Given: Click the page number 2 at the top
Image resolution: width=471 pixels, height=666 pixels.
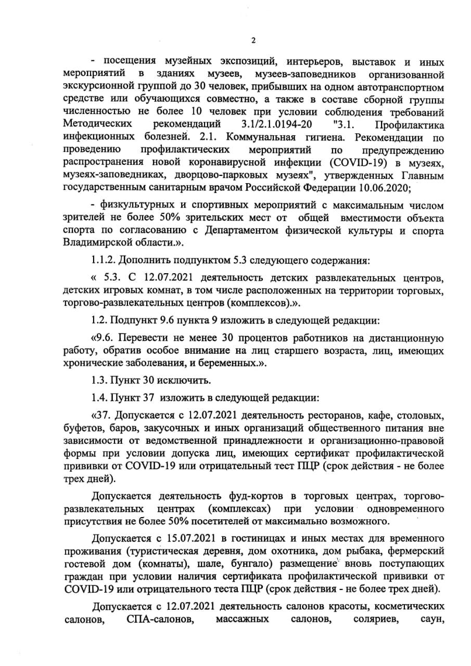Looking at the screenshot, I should [253, 41].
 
